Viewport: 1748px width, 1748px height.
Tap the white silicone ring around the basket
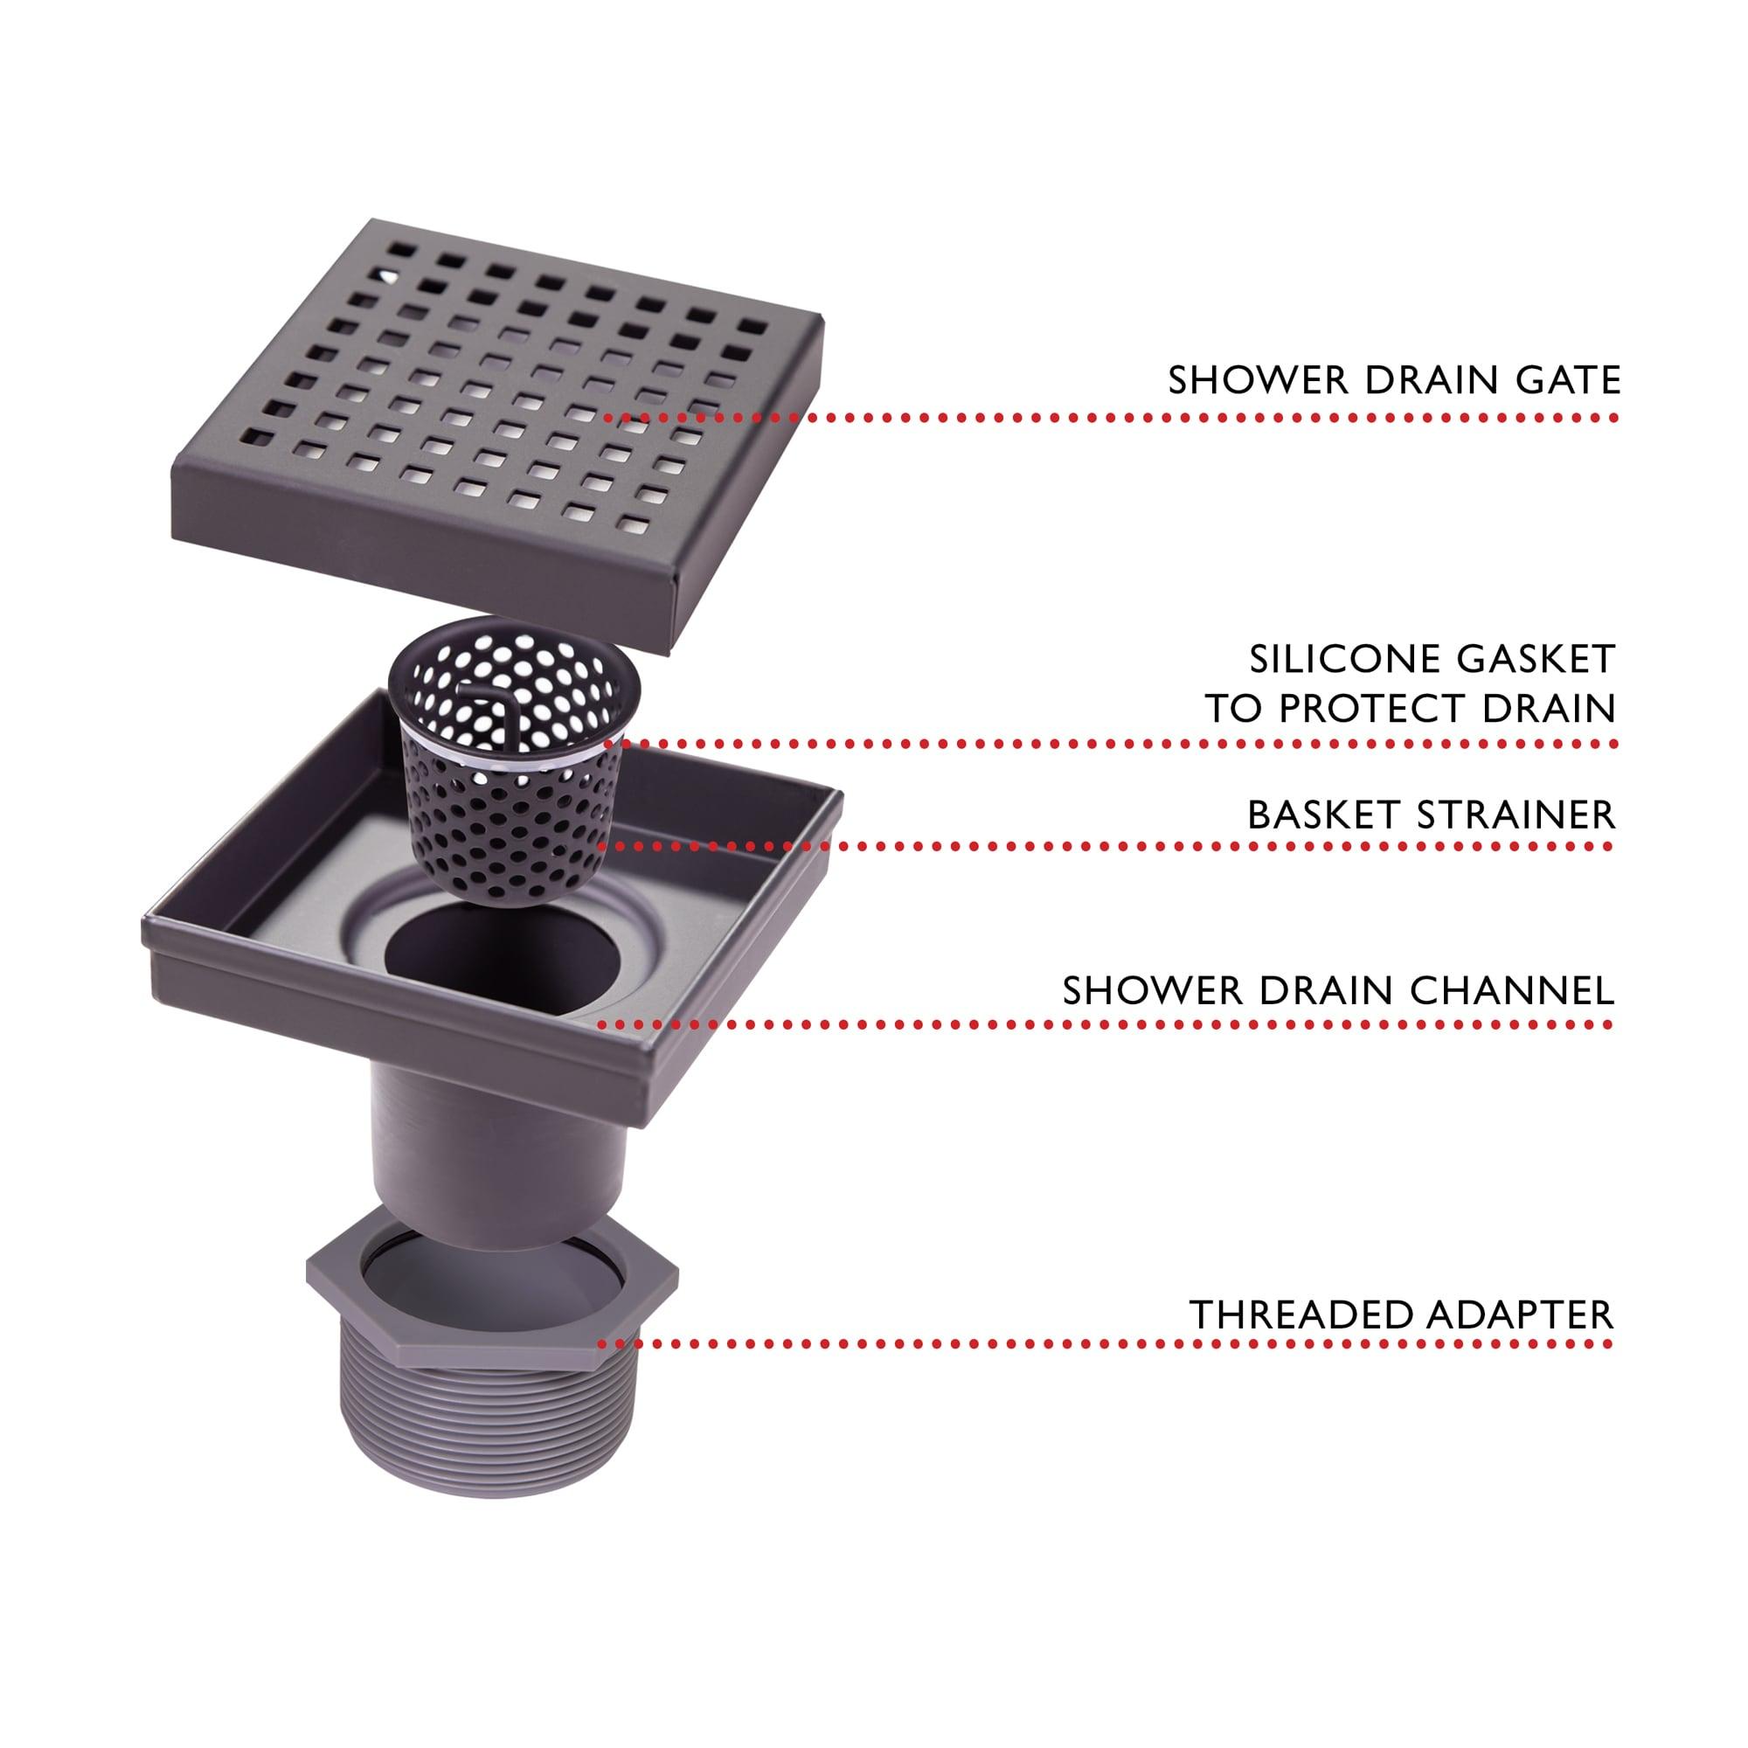(x=507, y=757)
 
